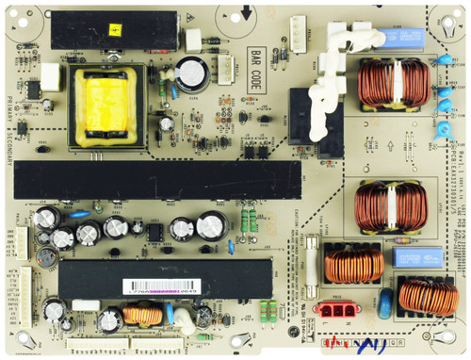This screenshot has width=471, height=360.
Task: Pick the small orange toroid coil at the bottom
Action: [x=142, y=314]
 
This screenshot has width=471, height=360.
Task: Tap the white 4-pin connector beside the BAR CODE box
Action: [x=226, y=68]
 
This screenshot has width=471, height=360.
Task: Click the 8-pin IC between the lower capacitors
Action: [x=153, y=229]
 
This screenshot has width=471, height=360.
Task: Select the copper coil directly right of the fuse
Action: [x=354, y=265]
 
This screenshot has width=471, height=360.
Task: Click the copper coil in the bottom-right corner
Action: [x=429, y=297]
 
